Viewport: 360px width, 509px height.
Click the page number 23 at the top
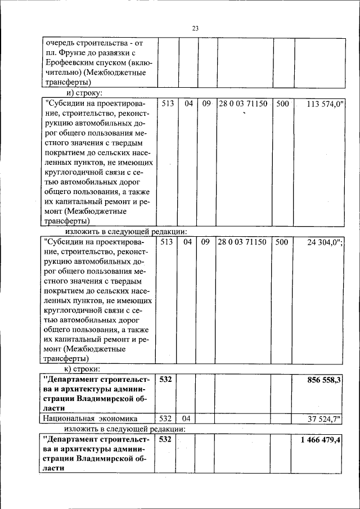click(195, 29)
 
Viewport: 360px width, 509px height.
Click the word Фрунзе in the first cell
click(71, 52)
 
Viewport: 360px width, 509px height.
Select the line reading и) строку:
click(84, 93)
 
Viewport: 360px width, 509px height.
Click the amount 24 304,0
click(326, 242)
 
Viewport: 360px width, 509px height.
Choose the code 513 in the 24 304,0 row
click(168, 242)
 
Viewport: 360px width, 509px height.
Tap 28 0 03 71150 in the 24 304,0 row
click(242, 242)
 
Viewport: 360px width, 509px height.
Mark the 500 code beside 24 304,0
click(282, 242)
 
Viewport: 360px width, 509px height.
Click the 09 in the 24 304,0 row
click(205, 242)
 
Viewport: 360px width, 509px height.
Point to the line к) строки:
click(83, 369)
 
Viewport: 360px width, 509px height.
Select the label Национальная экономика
click(88, 418)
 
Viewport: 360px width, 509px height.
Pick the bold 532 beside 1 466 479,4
click(165, 439)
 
